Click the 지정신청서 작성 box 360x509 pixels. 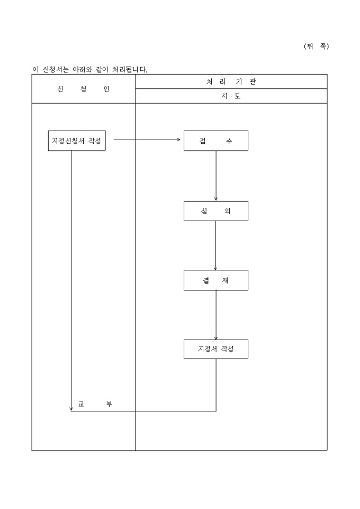pyautogui.click(x=77, y=141)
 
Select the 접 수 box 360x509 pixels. pyautogui.click(x=215, y=141)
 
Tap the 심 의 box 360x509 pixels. pyautogui.click(x=215, y=211)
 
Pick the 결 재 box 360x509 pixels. pyautogui.click(x=215, y=280)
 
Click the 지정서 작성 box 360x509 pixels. pyautogui.click(x=215, y=349)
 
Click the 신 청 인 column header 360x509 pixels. pyautogui.click(x=83, y=89)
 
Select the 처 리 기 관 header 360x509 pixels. pyautogui.click(x=231, y=81)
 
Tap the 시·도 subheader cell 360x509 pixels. pyautogui.click(x=231, y=96)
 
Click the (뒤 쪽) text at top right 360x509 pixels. pyautogui.click(x=316, y=46)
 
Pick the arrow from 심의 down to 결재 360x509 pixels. pyautogui.click(x=216, y=246)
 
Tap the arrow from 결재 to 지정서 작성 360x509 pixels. pyautogui.click(x=216, y=315)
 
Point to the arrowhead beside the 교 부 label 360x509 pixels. pyautogui.click(x=71, y=408)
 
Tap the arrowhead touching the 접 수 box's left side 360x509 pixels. pyautogui.click(x=179, y=140)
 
